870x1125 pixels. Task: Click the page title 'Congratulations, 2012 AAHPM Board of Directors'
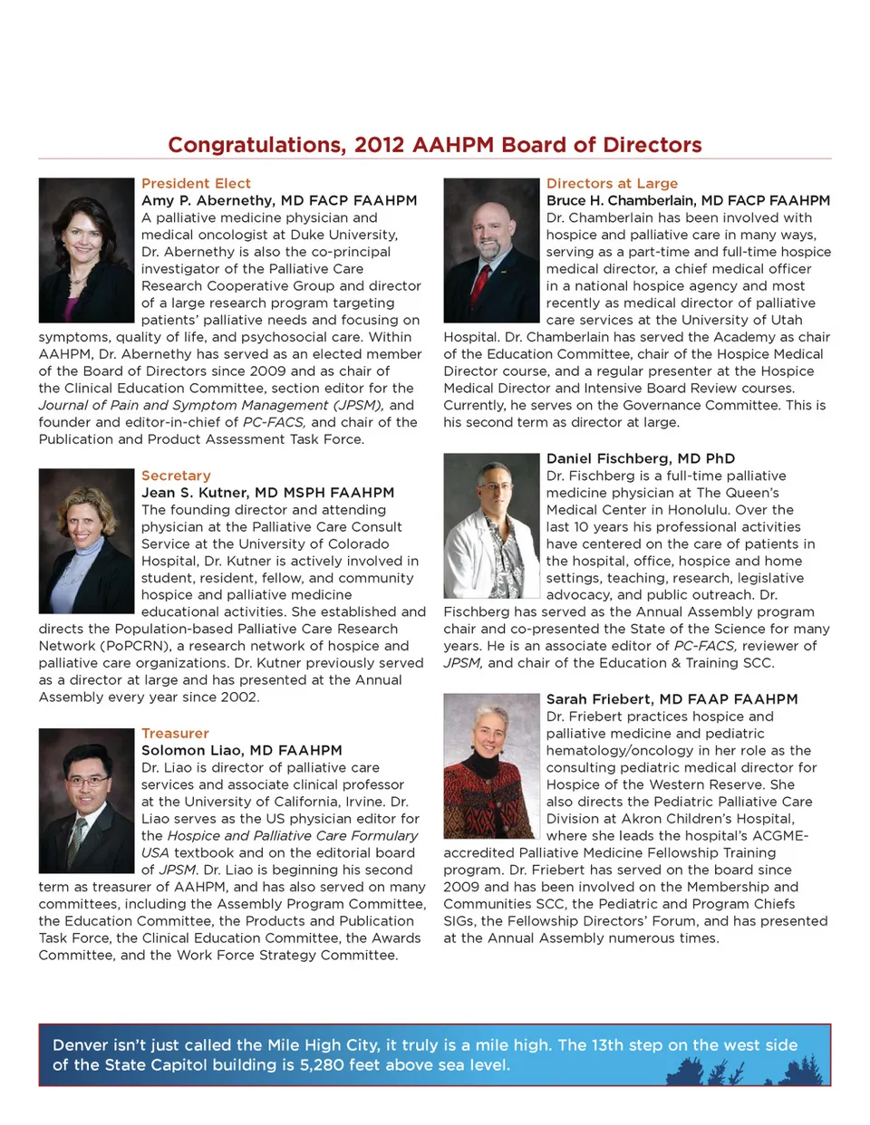click(435, 145)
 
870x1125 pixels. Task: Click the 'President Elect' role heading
click(196, 183)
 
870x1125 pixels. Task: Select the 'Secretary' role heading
click(176, 476)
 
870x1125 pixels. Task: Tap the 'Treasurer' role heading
click(175, 733)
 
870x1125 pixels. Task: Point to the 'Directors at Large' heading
click(612, 183)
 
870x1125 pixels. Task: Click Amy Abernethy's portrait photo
click(86, 250)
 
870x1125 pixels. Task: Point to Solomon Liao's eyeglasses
click(87, 781)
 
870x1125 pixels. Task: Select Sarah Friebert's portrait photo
click(491, 766)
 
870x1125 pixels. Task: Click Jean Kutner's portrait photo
click(86, 541)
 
